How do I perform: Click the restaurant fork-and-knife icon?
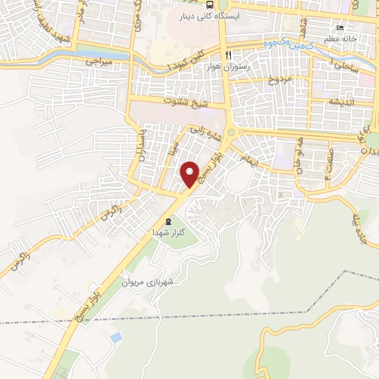(x=229, y=55)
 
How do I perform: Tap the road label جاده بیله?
(x=364, y=212)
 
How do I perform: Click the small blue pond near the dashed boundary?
(x=115, y=338)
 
